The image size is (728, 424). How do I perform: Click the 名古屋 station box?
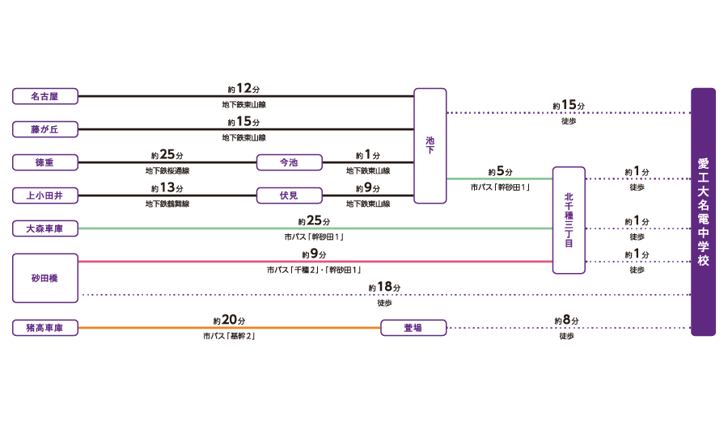[x=45, y=96]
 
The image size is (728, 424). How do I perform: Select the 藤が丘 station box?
[x=45, y=129]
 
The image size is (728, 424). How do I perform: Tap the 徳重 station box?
[x=45, y=162]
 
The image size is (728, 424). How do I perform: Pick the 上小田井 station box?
[x=45, y=195]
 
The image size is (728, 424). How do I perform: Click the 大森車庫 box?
[x=45, y=229]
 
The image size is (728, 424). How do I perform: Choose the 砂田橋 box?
[x=45, y=278]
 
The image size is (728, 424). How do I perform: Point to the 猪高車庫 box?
[x=45, y=328]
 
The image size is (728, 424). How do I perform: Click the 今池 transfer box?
[x=289, y=162]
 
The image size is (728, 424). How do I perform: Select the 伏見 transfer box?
[x=289, y=195]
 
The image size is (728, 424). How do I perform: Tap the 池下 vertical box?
[x=430, y=145]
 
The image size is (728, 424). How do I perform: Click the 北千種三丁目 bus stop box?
[x=569, y=220]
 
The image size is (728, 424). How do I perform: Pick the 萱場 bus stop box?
[x=413, y=328]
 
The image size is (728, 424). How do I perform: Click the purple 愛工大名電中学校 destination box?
[x=703, y=212]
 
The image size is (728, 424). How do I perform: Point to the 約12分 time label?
[x=243, y=89]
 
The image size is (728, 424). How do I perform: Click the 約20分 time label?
[x=230, y=321]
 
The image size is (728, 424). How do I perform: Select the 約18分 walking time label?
[x=384, y=288]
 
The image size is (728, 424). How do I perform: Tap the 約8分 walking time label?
[x=566, y=321]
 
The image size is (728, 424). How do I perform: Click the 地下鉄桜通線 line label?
[x=167, y=171]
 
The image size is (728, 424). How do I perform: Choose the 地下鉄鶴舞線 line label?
[x=167, y=204]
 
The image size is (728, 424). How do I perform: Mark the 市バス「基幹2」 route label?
[x=230, y=336]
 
